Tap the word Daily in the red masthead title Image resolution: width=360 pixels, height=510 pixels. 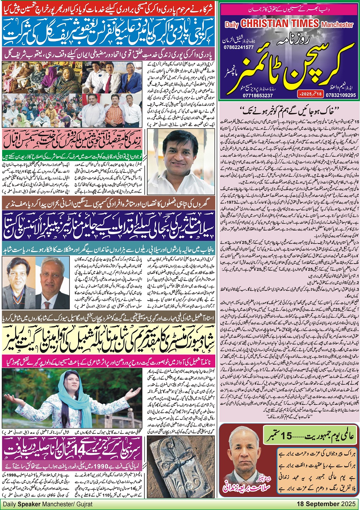pyautogui.click(x=232, y=25)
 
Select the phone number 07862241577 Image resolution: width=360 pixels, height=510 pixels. pyautogui.click(x=239, y=47)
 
